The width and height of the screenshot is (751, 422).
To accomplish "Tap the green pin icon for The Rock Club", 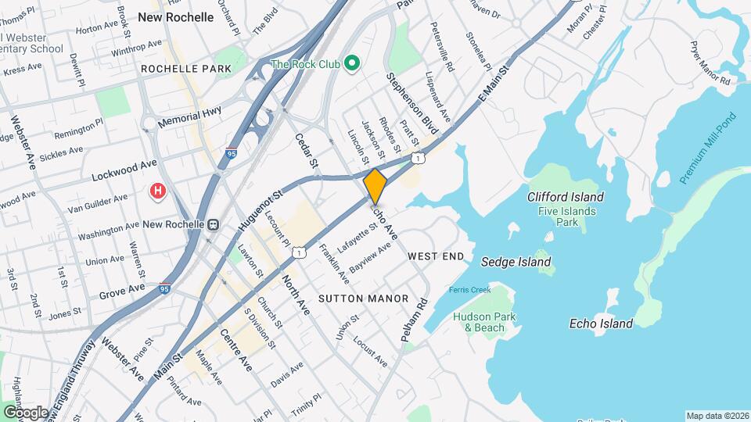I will coord(351,63).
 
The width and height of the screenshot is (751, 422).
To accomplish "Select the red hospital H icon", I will coord(158,191).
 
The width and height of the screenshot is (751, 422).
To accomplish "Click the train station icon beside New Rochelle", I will coord(213,224).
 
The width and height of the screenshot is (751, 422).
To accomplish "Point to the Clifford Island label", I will coord(565,197).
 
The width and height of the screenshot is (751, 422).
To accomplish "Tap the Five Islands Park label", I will coord(566,216).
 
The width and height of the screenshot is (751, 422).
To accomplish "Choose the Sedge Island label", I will coord(516,262).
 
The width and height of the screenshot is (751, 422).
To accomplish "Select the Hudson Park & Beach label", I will coord(480,322).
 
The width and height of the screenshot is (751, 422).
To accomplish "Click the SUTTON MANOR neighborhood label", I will coord(364,299).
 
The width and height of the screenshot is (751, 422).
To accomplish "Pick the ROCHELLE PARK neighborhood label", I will coord(186,69).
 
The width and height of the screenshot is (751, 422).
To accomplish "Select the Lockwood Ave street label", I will coord(124,170).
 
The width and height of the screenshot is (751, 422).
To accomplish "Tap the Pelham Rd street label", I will coord(415,320).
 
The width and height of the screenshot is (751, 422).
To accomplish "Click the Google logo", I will coord(26,412).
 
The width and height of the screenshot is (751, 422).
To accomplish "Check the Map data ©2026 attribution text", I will coord(717,416).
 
